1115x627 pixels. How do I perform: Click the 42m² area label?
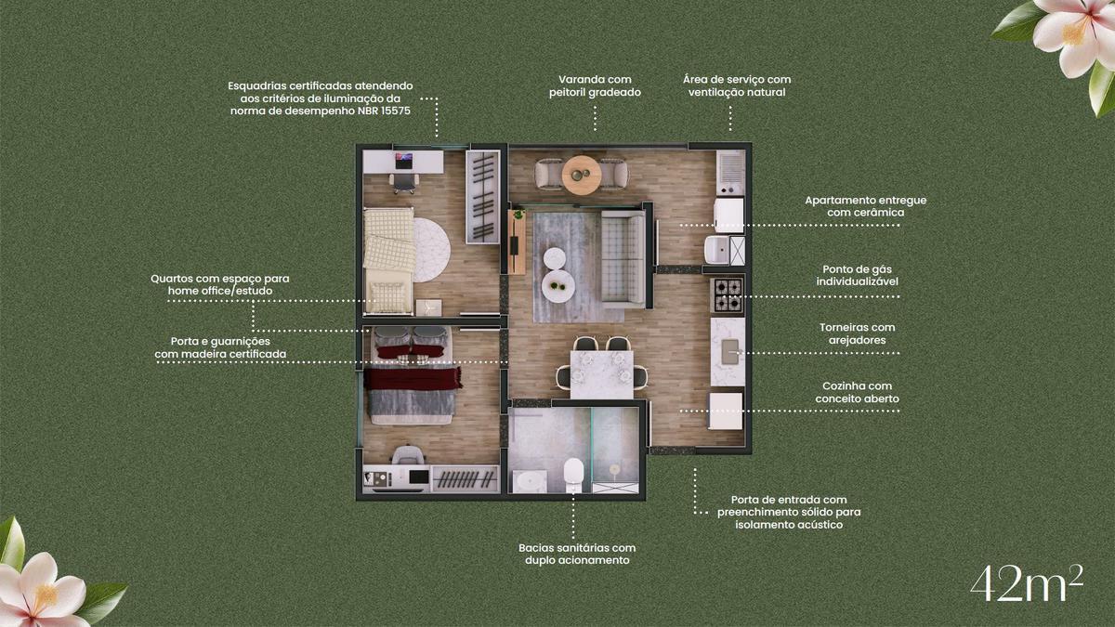click(1027, 583)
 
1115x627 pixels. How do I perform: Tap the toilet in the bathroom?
click(573, 475)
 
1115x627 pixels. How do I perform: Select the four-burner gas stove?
click(728, 294)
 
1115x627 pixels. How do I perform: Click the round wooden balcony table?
click(582, 176)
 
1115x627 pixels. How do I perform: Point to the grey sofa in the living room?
click(623, 256)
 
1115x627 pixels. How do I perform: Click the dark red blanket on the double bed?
click(413, 378)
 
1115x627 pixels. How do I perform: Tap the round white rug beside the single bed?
click(431, 250)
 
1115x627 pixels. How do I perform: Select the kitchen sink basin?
click(730, 351)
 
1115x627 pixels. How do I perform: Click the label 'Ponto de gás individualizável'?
click(857, 275)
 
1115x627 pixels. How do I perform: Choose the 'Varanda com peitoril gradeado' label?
click(595, 85)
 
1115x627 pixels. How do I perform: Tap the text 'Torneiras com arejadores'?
click(857, 333)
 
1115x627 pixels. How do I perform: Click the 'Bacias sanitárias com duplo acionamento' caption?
click(577, 554)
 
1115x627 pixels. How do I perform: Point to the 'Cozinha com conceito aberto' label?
click(857, 392)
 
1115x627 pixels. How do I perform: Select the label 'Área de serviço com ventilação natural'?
click(737, 85)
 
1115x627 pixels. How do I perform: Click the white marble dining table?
click(602, 374)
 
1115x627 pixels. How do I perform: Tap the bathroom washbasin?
click(530, 482)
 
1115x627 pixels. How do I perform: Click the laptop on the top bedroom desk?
click(403, 161)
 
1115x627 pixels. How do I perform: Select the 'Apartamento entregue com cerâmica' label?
click(866, 206)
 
